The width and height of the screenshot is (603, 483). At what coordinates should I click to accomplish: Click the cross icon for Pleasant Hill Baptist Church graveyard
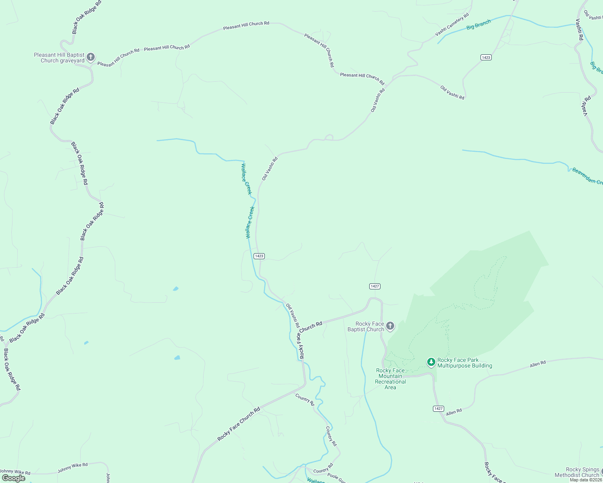point(91,57)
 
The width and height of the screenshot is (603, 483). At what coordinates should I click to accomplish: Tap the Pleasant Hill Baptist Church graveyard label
point(59,58)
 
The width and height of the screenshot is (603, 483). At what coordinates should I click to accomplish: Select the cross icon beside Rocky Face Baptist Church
point(390,326)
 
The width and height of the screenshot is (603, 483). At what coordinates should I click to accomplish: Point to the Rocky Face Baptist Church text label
point(366,326)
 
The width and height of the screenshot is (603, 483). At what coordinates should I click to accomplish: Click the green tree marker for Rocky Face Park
point(431,362)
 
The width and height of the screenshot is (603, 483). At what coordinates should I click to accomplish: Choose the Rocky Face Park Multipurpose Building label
point(465,363)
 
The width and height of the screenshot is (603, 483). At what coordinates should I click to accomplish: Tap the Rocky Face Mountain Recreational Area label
point(390,379)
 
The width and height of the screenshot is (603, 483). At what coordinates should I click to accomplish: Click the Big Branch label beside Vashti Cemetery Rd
point(478,25)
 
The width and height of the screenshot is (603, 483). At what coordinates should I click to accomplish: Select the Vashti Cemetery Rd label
point(452,25)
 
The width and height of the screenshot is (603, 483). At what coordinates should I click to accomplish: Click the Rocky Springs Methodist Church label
point(577,472)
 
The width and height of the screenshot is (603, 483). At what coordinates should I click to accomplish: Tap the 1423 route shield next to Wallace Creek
point(259,256)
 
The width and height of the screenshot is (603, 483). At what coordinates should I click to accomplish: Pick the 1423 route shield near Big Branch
point(486,58)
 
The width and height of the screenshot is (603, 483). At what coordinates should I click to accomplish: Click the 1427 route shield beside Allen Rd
point(439,409)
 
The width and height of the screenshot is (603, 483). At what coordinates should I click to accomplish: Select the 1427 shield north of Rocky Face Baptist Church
point(374,286)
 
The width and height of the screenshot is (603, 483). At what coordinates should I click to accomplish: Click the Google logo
point(14,478)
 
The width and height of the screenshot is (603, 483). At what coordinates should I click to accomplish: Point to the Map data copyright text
point(586,480)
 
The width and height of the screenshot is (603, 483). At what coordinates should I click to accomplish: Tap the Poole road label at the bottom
point(336,478)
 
